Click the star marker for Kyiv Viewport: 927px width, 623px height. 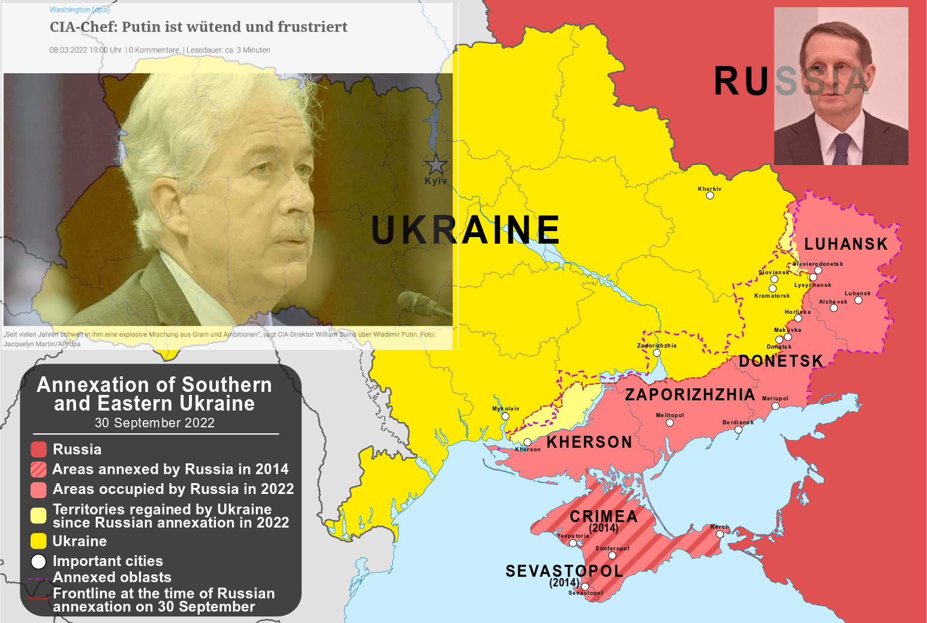click(x=436, y=164)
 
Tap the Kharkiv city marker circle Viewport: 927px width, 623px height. click(x=710, y=196)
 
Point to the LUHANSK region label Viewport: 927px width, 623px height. click(x=845, y=244)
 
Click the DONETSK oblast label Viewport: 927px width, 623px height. click(x=781, y=361)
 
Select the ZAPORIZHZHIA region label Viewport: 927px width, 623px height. click(x=690, y=395)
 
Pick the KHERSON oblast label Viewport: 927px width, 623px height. click(x=589, y=442)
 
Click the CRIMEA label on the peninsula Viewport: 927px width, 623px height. click(x=603, y=517)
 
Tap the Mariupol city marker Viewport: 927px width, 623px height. click(x=775, y=406)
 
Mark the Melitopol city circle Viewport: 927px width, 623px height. click(x=670, y=423)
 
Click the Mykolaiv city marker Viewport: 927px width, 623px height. click(x=505, y=417)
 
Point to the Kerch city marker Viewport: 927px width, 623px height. click(x=720, y=534)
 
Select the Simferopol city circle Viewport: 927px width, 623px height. click(x=612, y=556)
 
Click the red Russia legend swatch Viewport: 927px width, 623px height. click(x=38, y=450)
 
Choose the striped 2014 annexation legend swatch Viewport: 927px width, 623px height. click(x=38, y=469)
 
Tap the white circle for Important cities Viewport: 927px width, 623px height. click(x=38, y=562)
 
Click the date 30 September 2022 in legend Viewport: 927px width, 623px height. click(x=155, y=423)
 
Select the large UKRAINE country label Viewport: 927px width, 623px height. click(x=465, y=230)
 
